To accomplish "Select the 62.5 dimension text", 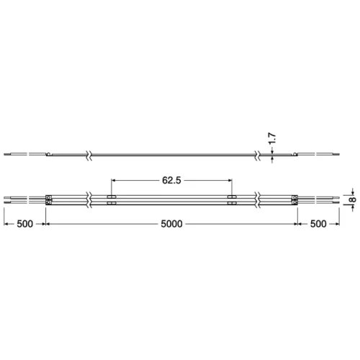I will [x=171, y=181].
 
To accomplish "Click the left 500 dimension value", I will [x=24, y=224].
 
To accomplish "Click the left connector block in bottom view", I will [x=49, y=199].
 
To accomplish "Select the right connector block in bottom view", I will [x=294, y=199].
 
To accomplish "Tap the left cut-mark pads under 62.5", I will [x=112, y=199].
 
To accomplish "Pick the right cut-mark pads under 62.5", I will [x=231, y=199].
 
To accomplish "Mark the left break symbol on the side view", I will [x=88, y=154].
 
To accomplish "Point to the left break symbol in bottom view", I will [x=88, y=199].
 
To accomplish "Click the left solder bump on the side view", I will [x=48, y=153].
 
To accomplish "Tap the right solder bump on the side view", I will [x=294, y=153].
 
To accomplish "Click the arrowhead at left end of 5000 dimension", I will [x=51, y=224].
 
